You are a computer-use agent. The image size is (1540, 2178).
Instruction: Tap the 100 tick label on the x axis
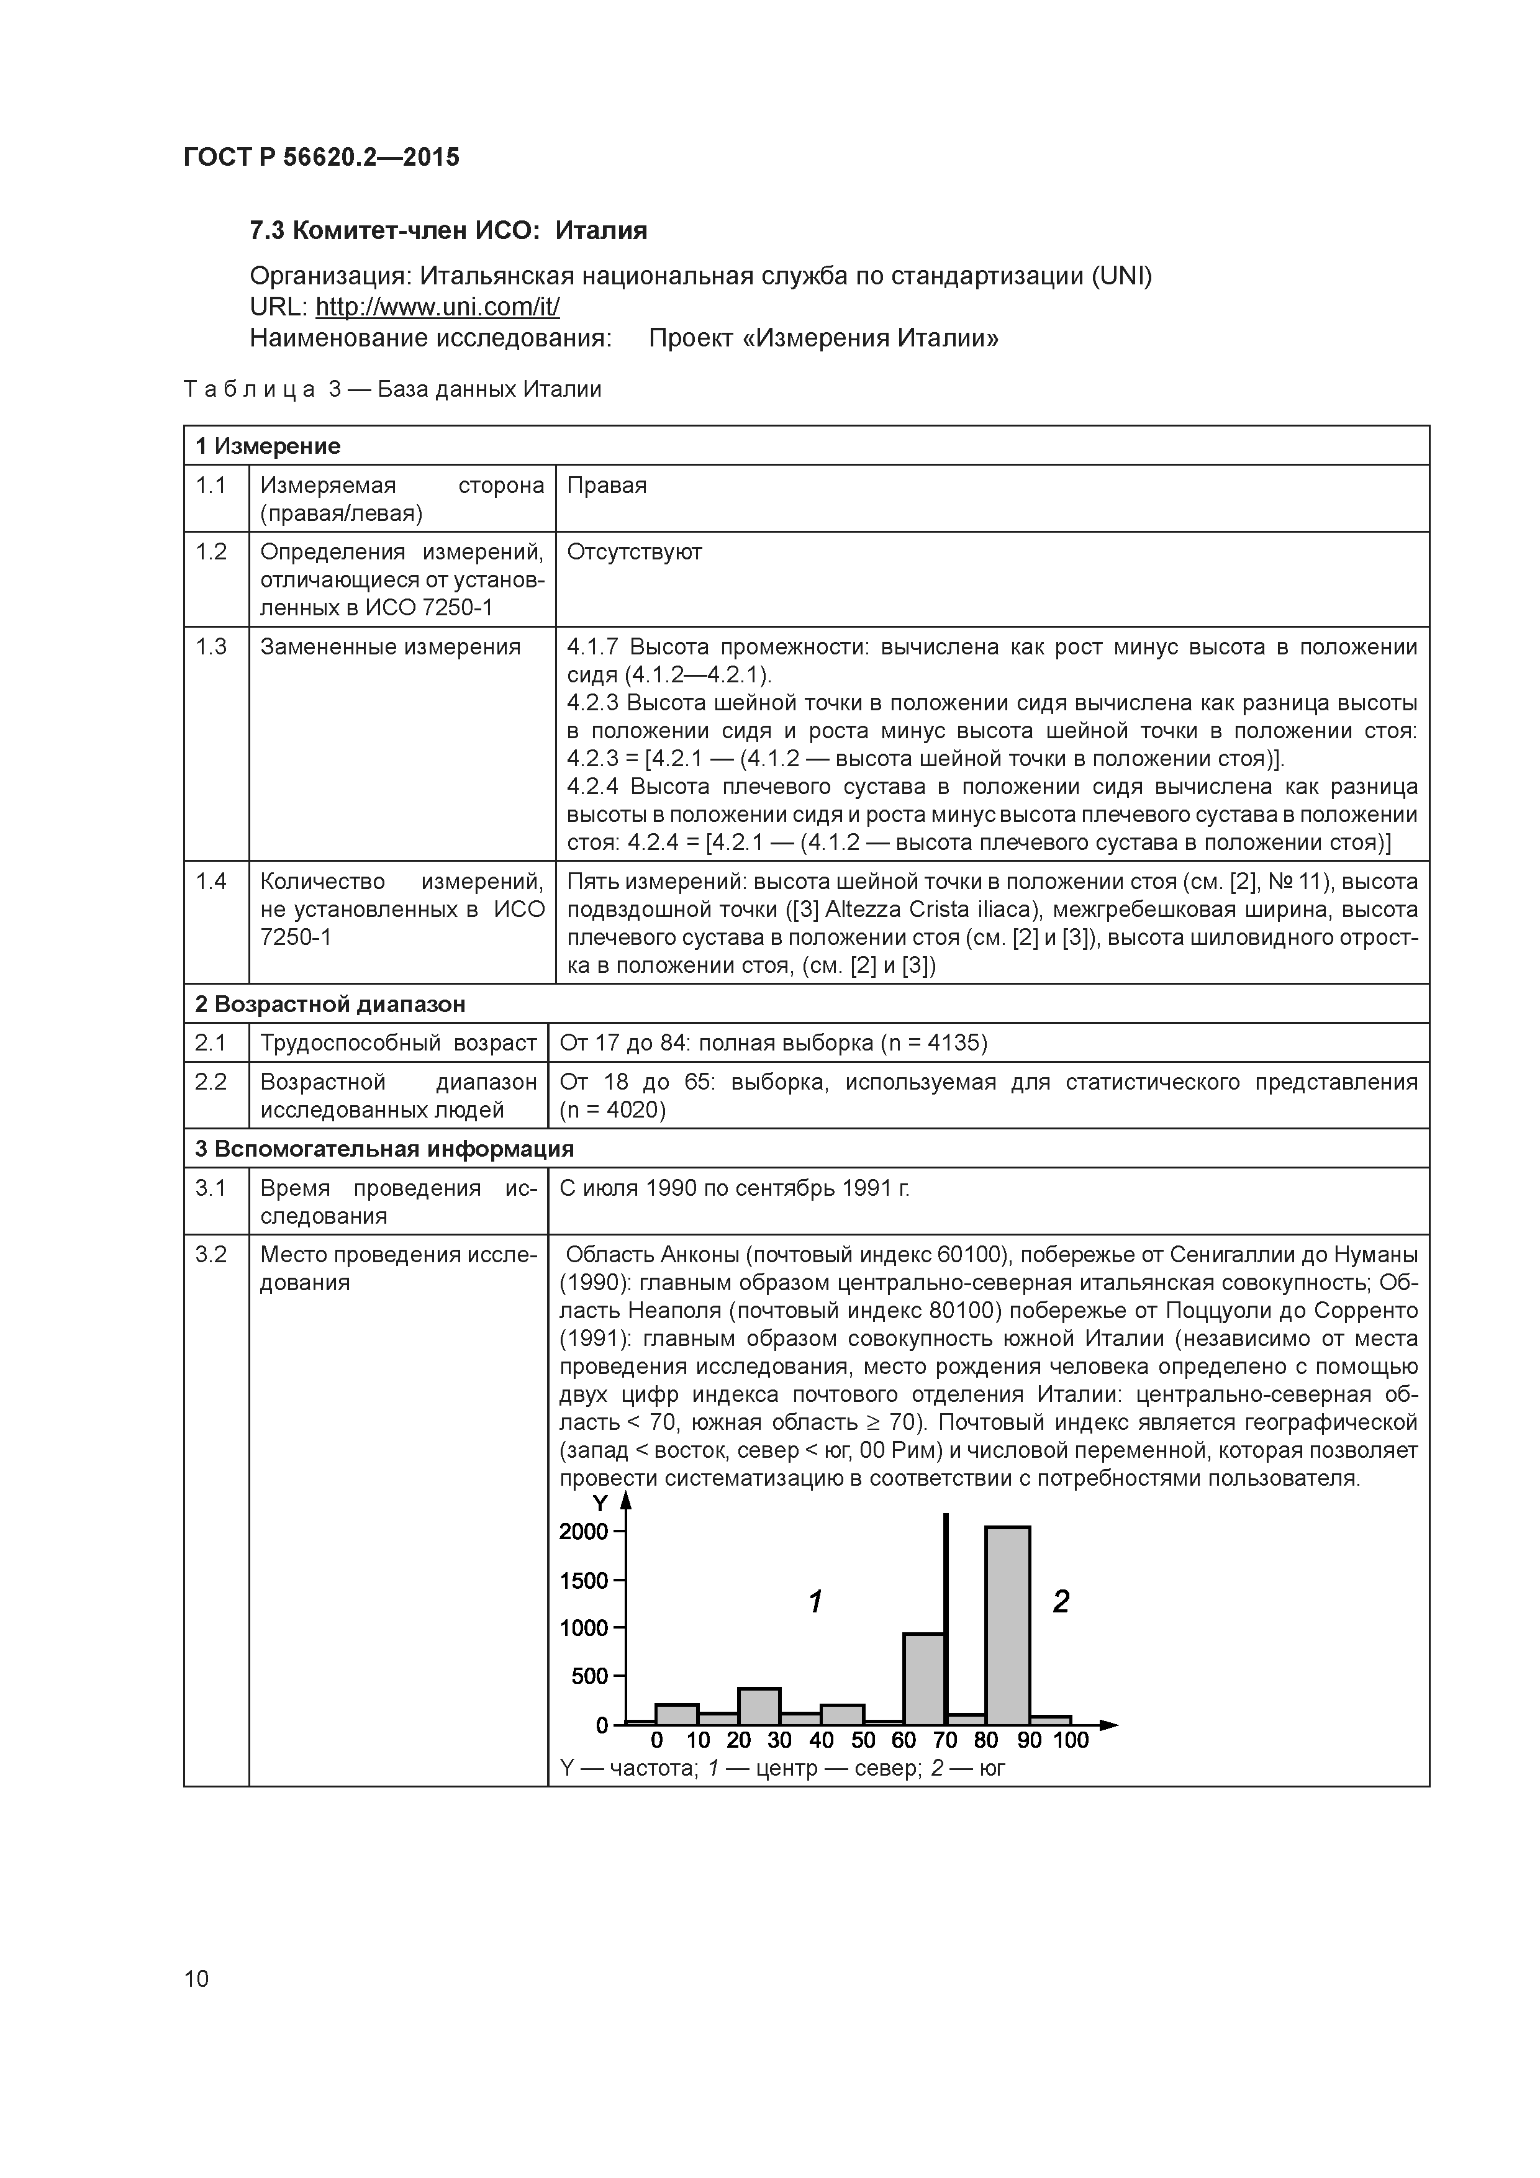(x=1071, y=1741)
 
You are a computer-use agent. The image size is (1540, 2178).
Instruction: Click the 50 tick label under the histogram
(x=863, y=1741)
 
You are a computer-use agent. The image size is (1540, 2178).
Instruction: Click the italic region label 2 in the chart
(x=1061, y=1602)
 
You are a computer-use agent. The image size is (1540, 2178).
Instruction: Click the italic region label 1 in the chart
(x=814, y=1602)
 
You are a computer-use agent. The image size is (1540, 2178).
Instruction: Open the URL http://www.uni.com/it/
(x=437, y=307)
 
